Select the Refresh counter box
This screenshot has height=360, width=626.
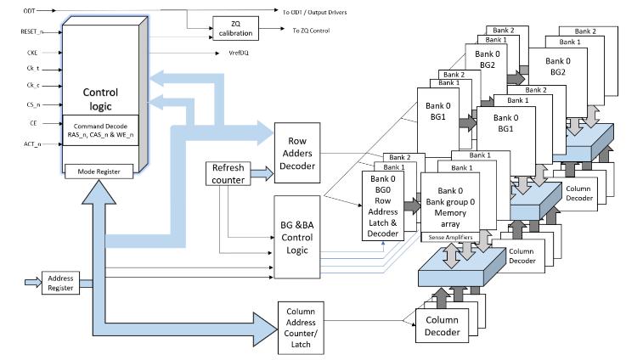pyautogui.click(x=227, y=174)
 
